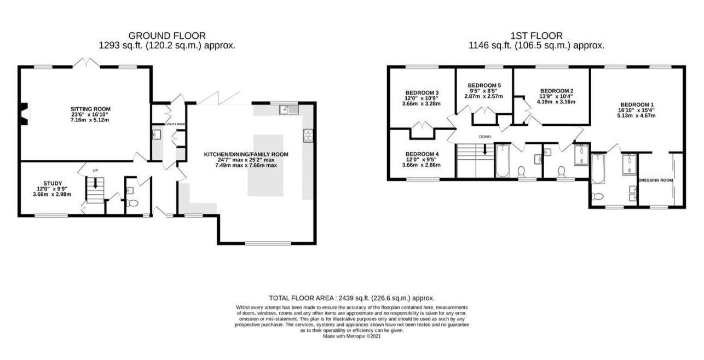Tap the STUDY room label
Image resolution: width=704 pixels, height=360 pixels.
point(53,183)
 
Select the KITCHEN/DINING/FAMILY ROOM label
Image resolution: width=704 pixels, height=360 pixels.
point(246,154)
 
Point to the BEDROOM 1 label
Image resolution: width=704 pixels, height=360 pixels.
point(637,104)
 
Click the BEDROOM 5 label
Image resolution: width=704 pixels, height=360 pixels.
point(484,85)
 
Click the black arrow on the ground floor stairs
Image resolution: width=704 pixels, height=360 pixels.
point(95,184)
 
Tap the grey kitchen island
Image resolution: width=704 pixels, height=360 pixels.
point(266,165)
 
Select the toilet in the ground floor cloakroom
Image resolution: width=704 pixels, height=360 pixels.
point(132,204)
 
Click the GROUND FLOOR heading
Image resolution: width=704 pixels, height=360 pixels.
point(167,36)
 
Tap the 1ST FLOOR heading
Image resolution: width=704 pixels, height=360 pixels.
point(536,36)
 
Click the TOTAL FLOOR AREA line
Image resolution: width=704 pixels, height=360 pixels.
point(351,298)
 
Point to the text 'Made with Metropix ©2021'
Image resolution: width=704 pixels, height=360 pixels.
point(351,336)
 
